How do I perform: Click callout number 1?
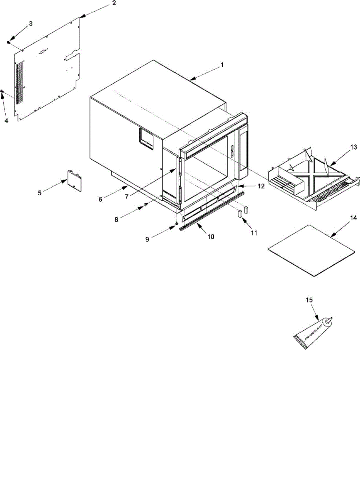[x=222, y=64]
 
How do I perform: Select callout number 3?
[x=30, y=24]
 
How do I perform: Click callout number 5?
[x=40, y=193]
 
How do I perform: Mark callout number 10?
[x=211, y=236]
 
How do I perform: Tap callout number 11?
[x=254, y=232]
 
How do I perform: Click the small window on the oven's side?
[x=146, y=138]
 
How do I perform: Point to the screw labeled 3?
[x=8, y=42]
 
